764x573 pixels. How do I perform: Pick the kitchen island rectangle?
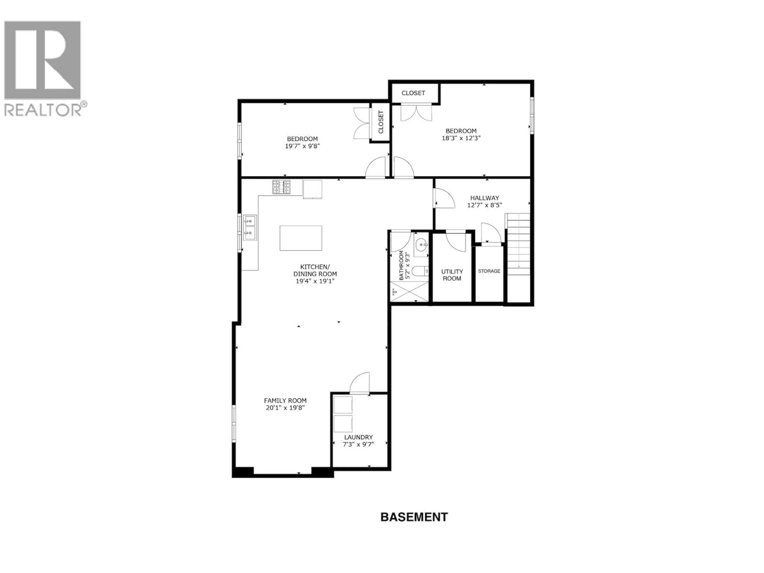pos(300,238)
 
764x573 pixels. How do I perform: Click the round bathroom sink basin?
pos(421,246)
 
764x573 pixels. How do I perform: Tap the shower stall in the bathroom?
pos(409,292)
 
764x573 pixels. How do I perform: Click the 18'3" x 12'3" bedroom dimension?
pos(461,138)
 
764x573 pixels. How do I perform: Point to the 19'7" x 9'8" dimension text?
pos(302,146)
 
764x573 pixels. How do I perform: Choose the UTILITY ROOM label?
pos(452,275)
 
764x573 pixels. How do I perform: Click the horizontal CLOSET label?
pos(413,93)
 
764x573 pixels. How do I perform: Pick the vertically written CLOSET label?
pos(381,122)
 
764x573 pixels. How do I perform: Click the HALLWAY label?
pos(484,198)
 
